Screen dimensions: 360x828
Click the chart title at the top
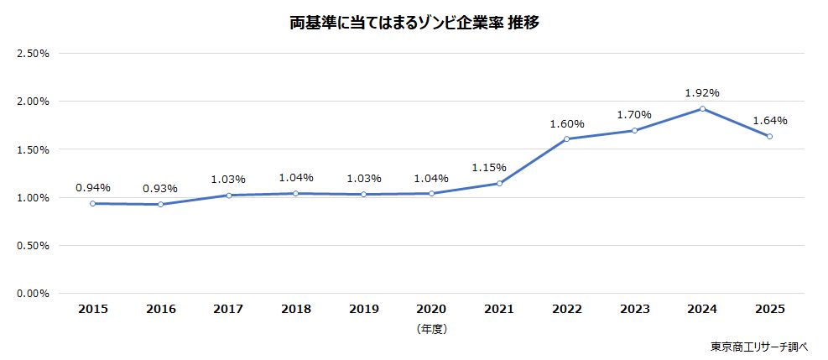click(414, 23)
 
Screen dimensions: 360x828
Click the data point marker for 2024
click(702, 108)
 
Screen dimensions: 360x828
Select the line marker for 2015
click(92, 203)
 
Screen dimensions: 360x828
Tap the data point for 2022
click(566, 139)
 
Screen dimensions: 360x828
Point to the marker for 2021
click(499, 183)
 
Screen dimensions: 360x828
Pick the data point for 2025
click(769, 136)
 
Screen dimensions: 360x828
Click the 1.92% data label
click(702, 92)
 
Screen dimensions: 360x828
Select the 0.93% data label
click(160, 188)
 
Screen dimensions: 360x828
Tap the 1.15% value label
click(499, 167)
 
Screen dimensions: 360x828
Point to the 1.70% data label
click(634, 114)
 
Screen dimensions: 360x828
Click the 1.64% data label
click(770, 120)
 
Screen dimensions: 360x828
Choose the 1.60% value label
click(566, 123)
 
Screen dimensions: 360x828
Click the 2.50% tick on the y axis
click(34, 53)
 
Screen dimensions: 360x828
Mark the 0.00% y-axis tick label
click(34, 294)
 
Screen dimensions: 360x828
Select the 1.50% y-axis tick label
click(34, 149)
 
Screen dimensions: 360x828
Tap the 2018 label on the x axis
click(296, 309)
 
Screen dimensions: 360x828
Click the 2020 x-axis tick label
click(431, 309)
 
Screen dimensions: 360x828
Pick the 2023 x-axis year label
click(634, 309)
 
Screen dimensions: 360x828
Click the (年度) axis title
click(431, 329)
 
